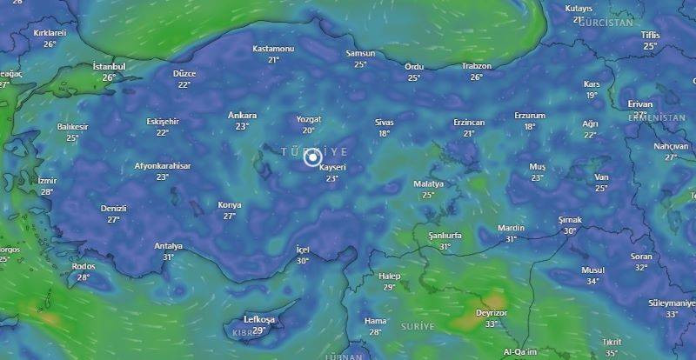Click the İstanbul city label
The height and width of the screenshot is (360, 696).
click(110, 66)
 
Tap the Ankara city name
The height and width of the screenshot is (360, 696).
click(242, 115)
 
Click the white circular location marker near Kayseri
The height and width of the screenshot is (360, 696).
click(312, 157)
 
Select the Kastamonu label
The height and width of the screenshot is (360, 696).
click(273, 49)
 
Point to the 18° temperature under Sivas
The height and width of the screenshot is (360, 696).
click(384, 134)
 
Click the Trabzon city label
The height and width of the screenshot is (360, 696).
click(476, 66)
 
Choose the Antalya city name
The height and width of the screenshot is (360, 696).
click(168, 246)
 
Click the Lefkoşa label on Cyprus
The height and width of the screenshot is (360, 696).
click(258, 319)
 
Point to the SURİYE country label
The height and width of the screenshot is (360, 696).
click(417, 324)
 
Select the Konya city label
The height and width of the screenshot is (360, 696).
click(230, 205)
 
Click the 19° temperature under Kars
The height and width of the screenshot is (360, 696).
click(592, 96)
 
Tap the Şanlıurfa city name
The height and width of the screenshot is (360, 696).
click(445, 236)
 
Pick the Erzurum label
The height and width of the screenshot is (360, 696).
click(529, 115)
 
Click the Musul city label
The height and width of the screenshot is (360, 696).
click(592, 270)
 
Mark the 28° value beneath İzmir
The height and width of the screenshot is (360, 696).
click(47, 192)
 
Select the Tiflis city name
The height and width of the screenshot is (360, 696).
click(650, 35)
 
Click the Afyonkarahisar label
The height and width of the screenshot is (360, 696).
click(162, 165)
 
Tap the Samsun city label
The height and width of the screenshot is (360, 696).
click(360, 53)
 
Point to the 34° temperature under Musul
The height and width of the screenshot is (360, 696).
click(592, 282)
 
